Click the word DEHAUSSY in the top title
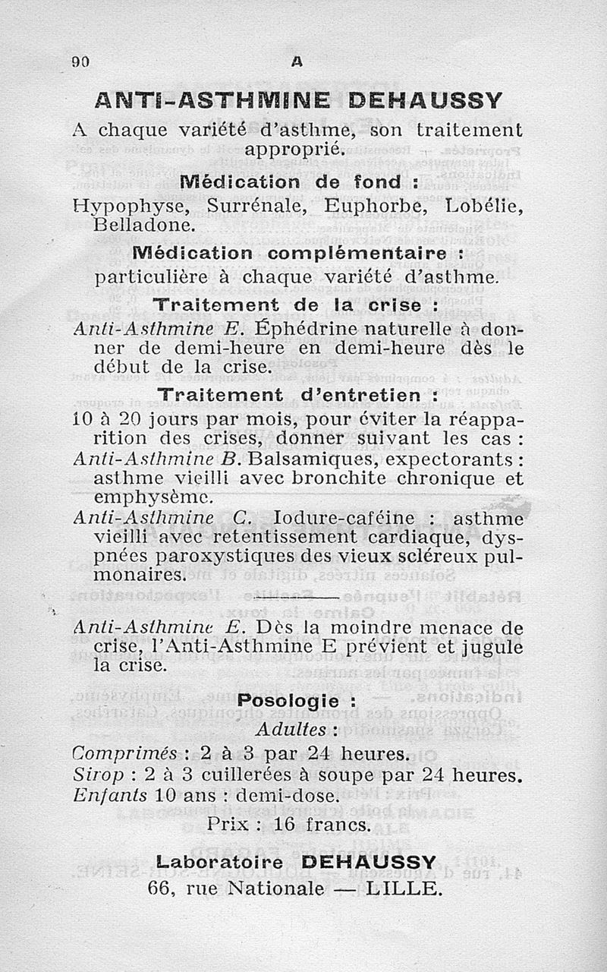[x=415, y=100]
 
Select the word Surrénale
[x=250, y=207]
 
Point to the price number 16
[x=302, y=823]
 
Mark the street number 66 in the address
[x=163, y=888]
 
